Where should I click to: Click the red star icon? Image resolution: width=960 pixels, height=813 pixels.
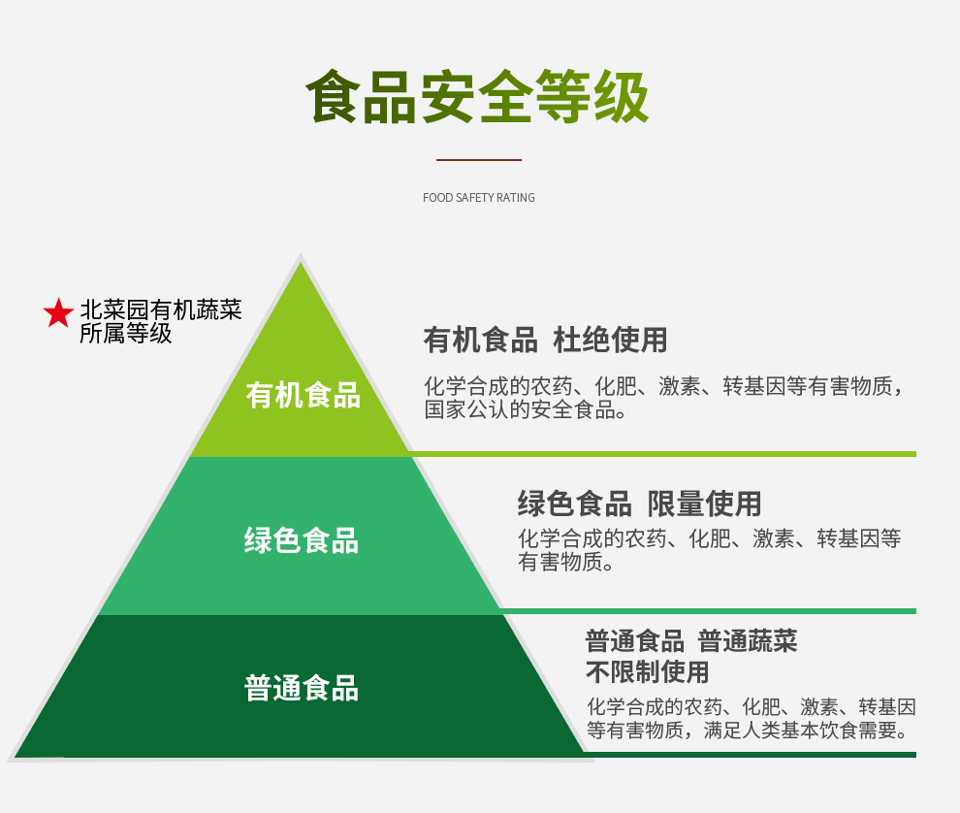coord(59,313)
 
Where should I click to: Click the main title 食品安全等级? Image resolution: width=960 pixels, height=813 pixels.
coord(477,96)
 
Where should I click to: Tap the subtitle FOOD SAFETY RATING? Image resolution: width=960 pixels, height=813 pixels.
coord(479,197)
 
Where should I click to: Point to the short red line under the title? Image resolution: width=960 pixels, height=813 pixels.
coord(479,160)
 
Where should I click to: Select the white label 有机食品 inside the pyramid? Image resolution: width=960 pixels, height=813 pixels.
coord(304,395)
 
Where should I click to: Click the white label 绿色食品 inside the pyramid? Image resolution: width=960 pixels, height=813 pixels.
coord(302,540)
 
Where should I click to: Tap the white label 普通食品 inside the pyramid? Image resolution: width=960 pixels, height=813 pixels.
coord(302,688)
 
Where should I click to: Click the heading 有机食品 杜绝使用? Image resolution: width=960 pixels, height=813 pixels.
coord(545,340)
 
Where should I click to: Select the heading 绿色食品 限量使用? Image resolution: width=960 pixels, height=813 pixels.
coord(640,504)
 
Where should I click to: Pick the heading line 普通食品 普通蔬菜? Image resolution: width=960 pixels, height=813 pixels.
coord(691,641)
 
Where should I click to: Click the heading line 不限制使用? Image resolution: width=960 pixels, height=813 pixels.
coord(647,671)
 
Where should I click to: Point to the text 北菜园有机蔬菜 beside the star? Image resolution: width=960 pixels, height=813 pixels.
coord(161,310)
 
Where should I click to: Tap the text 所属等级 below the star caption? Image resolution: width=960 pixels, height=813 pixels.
coord(126,334)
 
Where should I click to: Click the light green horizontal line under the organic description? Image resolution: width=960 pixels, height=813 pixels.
coord(662,454)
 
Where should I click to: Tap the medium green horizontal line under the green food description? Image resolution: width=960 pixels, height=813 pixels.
coord(708,611)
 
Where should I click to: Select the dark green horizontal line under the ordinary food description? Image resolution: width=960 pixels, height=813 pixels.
coord(751,755)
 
